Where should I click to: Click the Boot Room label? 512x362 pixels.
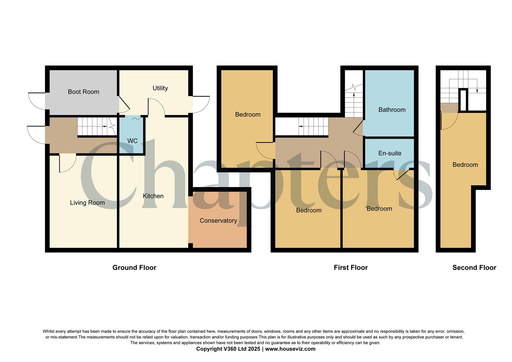pyautogui.click(x=83, y=92)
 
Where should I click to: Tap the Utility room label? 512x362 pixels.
pyautogui.click(x=160, y=88)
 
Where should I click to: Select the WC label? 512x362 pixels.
pyautogui.click(x=132, y=141)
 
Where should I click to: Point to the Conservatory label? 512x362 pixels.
pyautogui.click(x=218, y=221)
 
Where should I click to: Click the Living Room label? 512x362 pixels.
pyautogui.click(x=87, y=203)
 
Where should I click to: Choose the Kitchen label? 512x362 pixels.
pyautogui.click(x=153, y=196)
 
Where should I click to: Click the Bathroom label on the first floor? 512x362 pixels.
pyautogui.click(x=392, y=110)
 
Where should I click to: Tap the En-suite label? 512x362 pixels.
pyautogui.click(x=390, y=153)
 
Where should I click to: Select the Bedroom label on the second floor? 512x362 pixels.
pyautogui.click(x=465, y=165)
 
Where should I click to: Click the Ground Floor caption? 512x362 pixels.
pyautogui.click(x=134, y=267)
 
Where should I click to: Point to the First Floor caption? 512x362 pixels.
pyautogui.click(x=350, y=267)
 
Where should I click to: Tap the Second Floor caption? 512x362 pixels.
pyautogui.click(x=474, y=267)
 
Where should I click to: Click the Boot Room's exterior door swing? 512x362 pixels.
pyautogui.click(x=36, y=101)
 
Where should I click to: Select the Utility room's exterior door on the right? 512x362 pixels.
pyautogui.click(x=201, y=105)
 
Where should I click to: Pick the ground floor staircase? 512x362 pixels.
pyautogui.click(x=95, y=126)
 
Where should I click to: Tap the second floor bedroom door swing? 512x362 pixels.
pyautogui.click(x=449, y=121)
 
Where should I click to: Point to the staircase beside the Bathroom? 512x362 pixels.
pyautogui.click(x=354, y=101)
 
